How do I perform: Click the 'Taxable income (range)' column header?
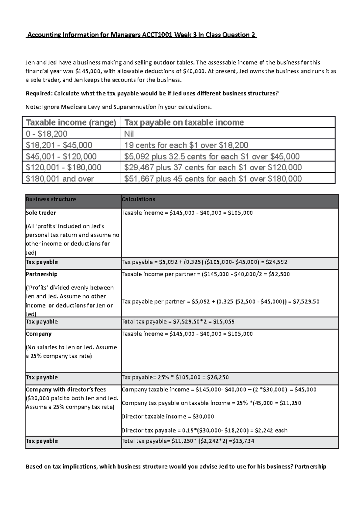click(71, 122)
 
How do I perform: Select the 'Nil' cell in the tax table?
click(129, 134)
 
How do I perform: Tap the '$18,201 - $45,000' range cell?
click(59, 145)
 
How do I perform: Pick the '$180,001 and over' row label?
click(60, 179)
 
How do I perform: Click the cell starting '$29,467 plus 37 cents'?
click(213, 167)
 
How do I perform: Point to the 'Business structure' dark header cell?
click(51, 199)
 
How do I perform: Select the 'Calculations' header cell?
click(138, 199)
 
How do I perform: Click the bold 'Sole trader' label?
click(41, 213)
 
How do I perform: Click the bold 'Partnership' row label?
click(41, 274)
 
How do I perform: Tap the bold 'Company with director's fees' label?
click(66, 389)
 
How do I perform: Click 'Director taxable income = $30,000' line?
click(168, 416)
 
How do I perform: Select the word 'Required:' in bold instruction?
click(39, 93)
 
